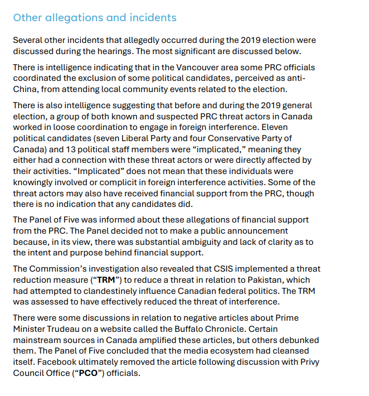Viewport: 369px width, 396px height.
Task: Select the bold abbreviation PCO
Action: [88, 373]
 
